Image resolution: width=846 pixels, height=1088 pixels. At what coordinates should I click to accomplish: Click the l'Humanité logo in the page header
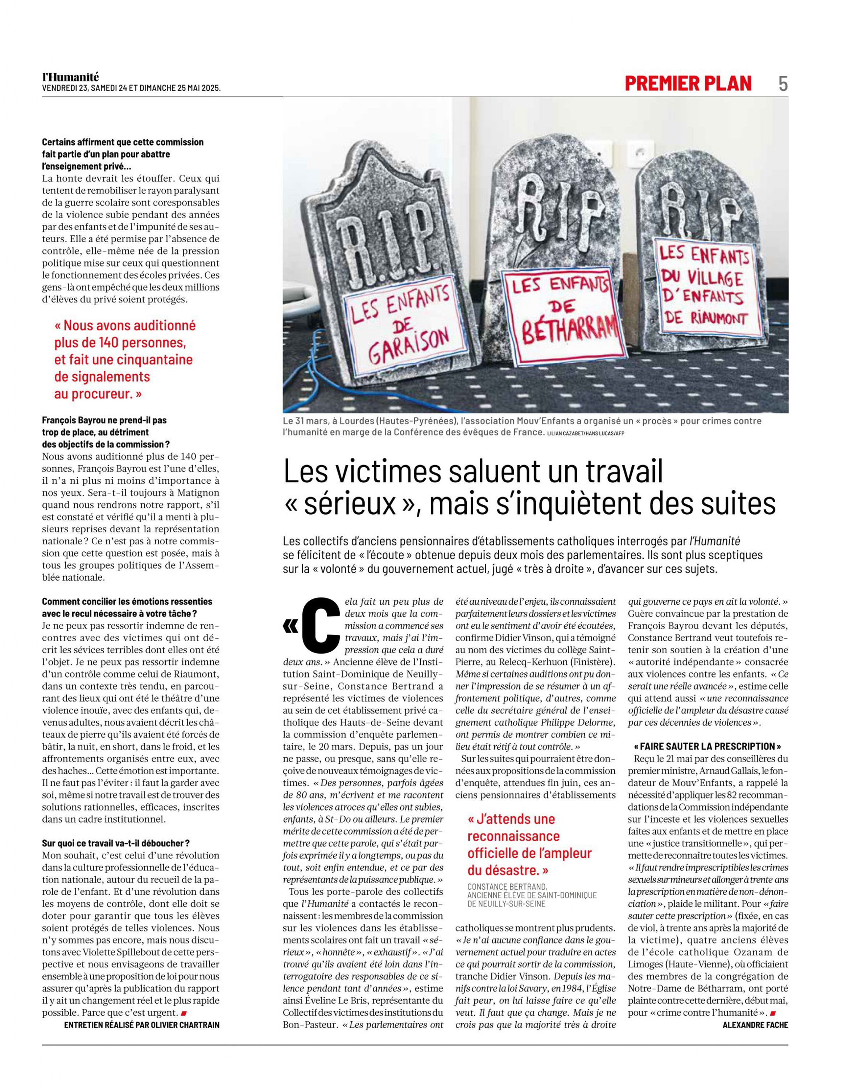pos(70,77)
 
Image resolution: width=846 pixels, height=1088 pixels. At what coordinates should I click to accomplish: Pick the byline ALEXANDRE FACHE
pos(755,1025)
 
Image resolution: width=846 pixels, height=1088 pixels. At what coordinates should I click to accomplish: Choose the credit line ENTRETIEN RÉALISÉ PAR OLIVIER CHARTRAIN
pos(141,1025)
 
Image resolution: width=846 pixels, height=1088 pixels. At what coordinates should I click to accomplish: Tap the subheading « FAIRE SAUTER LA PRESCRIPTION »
pos(707,746)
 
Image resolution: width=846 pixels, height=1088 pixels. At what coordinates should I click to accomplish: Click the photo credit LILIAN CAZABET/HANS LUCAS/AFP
pos(585,433)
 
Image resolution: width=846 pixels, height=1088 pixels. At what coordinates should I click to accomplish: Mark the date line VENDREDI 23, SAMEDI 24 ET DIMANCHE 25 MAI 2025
pos(131,88)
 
